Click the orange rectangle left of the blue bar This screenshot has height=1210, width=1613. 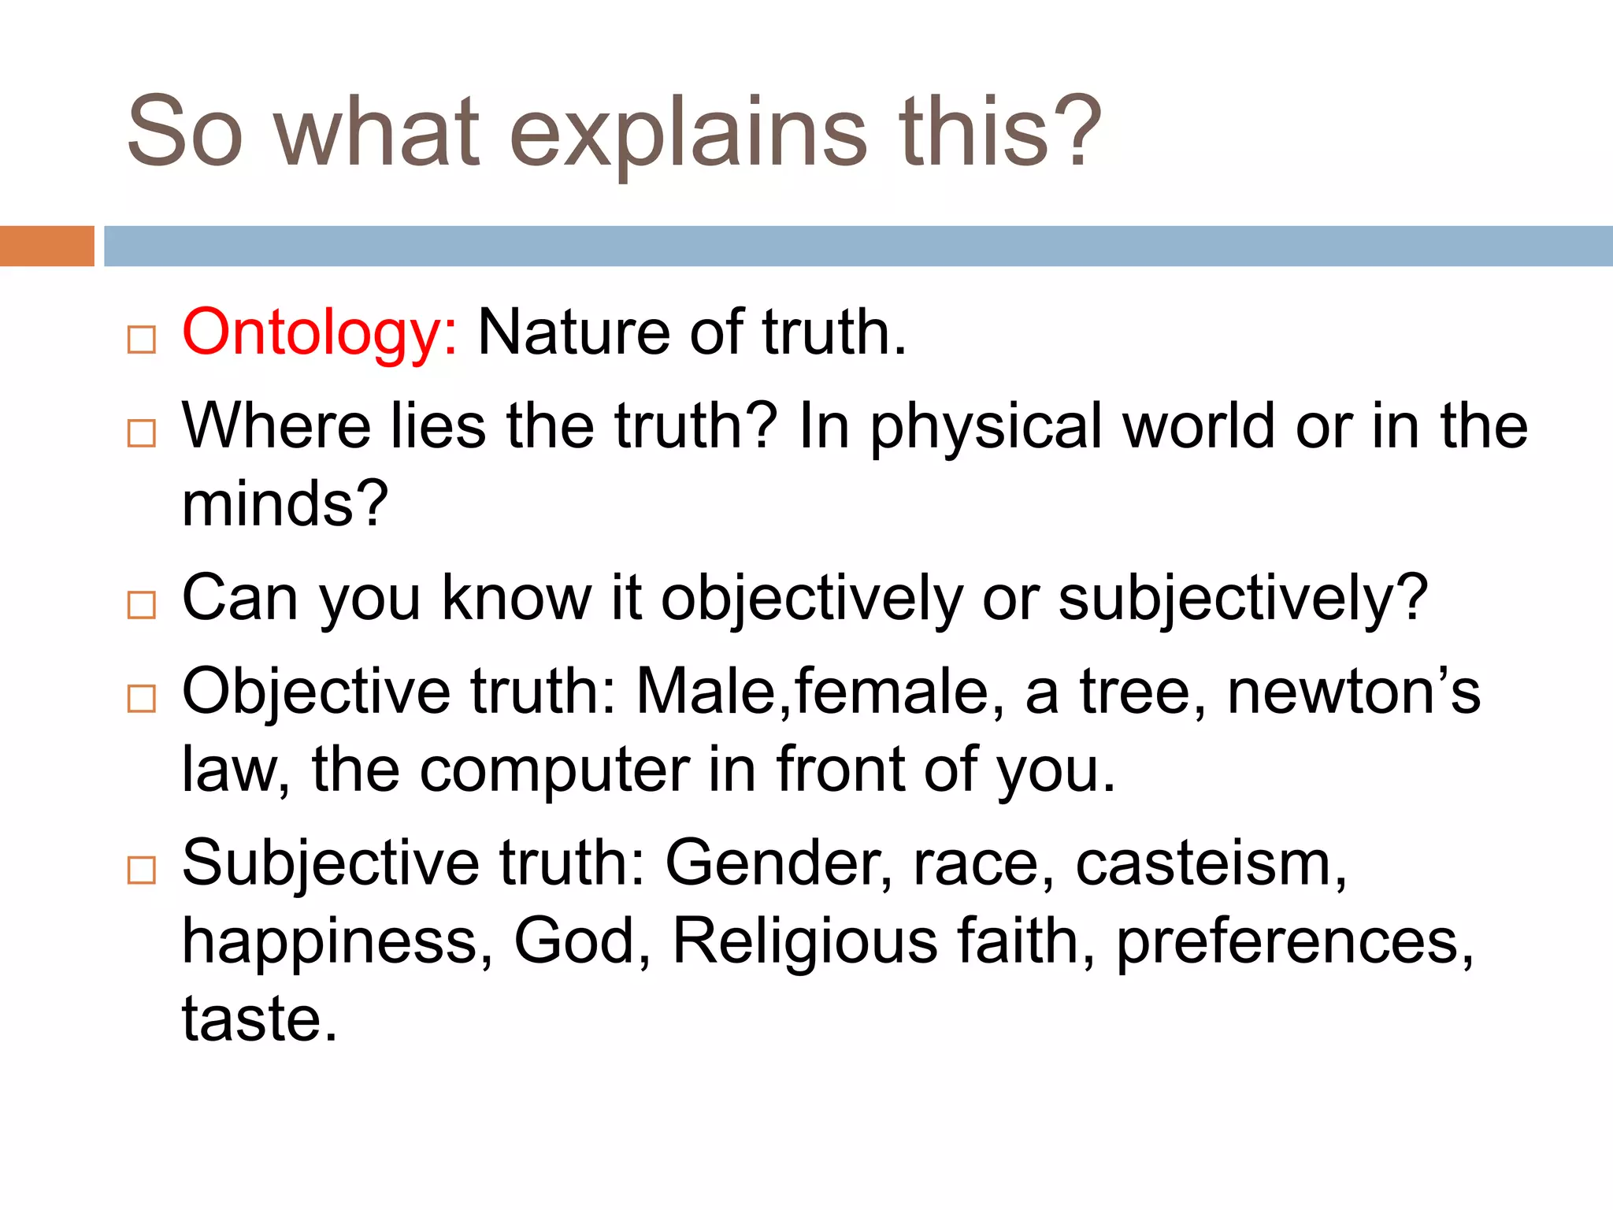(x=46, y=246)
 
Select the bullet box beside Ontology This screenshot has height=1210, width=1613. (x=142, y=340)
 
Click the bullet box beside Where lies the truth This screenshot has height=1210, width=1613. (x=142, y=432)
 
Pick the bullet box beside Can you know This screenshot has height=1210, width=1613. (x=142, y=604)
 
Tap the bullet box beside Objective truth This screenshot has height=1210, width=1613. (x=142, y=698)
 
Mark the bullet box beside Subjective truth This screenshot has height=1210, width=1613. (x=142, y=870)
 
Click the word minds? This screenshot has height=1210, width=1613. (x=285, y=504)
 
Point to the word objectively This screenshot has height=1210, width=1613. (x=811, y=599)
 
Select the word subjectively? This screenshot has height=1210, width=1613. (x=1243, y=599)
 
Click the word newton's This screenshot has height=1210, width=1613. (x=1353, y=692)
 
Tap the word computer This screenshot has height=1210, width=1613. (x=554, y=770)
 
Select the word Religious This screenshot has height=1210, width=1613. (x=805, y=942)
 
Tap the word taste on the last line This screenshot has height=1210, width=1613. (x=252, y=1019)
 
